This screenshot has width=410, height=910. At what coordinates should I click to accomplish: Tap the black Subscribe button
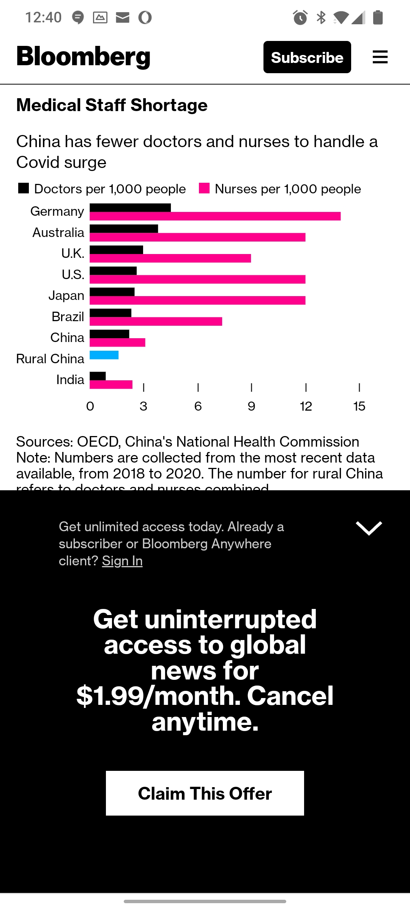[x=307, y=57]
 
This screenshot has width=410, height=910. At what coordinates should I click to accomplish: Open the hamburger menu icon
[x=380, y=57]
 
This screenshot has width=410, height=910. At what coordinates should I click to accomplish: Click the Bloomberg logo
[x=84, y=56]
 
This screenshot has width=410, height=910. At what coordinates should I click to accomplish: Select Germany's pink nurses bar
[x=215, y=217]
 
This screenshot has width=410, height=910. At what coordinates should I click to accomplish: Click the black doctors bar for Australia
[x=124, y=229]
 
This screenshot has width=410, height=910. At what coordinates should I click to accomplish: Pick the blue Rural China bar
[x=104, y=355]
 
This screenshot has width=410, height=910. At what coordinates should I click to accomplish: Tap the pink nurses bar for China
[x=117, y=342]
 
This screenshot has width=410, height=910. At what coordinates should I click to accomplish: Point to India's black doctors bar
[x=98, y=376]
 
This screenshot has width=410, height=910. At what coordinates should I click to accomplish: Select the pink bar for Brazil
[x=156, y=322]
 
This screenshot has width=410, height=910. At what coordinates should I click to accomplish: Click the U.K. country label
[x=73, y=253]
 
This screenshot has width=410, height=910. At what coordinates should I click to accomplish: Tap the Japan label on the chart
[x=66, y=295]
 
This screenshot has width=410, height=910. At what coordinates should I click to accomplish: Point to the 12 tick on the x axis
[x=306, y=406]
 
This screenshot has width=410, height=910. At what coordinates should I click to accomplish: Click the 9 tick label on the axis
[x=251, y=406]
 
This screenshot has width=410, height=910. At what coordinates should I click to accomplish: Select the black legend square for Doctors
[x=24, y=188]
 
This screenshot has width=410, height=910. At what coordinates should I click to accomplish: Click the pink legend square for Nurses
[x=204, y=188]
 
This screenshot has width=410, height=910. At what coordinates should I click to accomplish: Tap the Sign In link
[x=122, y=561]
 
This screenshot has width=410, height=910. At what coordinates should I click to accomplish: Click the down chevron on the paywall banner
[x=369, y=528]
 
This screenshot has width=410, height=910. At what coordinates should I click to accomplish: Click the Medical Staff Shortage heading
[x=112, y=105]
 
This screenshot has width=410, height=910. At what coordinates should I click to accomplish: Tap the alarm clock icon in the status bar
[x=300, y=17]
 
